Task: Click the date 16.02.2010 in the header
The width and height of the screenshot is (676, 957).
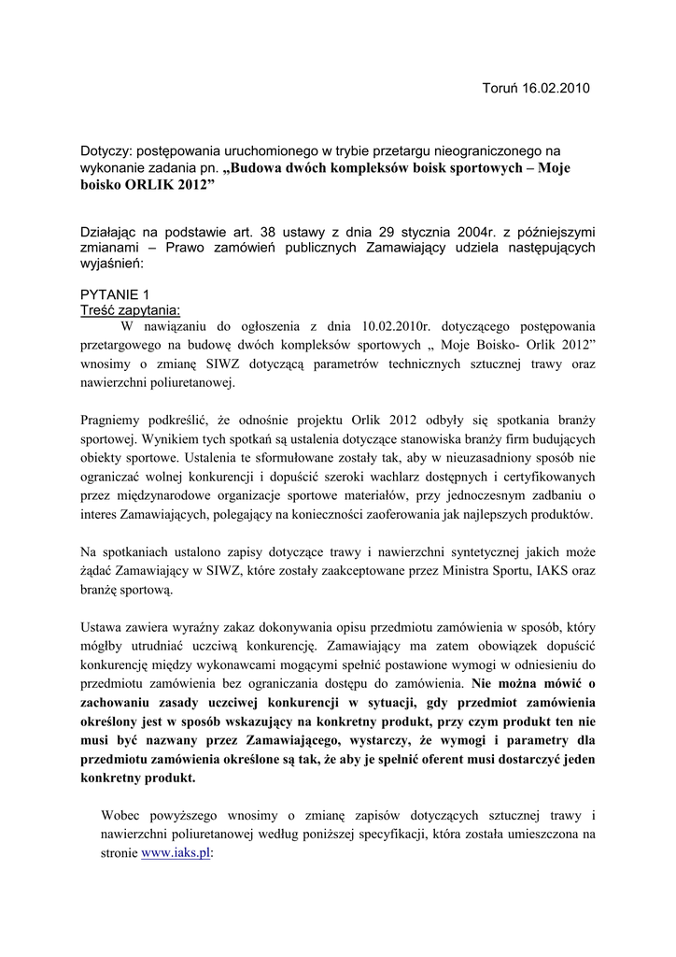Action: coord(557,88)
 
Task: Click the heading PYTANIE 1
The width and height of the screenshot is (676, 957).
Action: coord(115,294)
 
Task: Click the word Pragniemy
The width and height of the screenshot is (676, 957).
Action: coord(111,421)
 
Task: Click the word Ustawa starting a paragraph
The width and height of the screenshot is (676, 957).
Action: coord(103,627)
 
